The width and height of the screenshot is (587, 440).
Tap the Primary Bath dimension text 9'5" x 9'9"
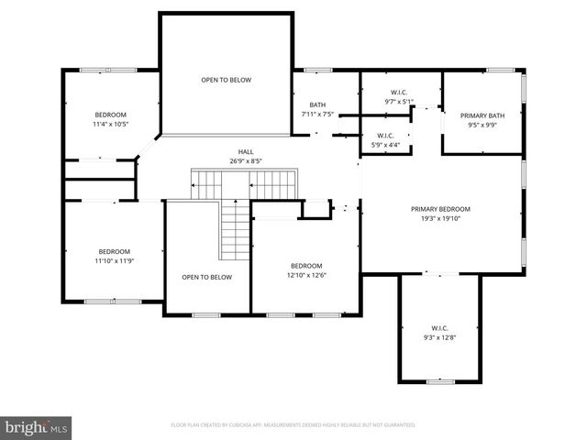click(x=482, y=126)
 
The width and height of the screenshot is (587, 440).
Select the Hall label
click(x=246, y=152)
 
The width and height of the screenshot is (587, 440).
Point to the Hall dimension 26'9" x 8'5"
click(x=246, y=161)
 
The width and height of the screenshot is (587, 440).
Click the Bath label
click(x=317, y=104)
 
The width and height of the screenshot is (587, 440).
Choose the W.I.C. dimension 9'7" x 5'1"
click(x=399, y=102)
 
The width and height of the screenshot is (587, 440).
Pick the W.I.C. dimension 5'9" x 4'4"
click(x=385, y=145)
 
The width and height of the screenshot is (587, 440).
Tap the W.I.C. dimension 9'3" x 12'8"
click(x=439, y=337)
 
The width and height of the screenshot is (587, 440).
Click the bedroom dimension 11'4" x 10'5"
click(x=110, y=124)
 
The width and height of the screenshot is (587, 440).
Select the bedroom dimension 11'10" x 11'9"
click(x=115, y=261)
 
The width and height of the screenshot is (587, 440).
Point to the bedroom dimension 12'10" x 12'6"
click(x=306, y=275)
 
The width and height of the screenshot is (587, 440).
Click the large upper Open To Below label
click(x=226, y=80)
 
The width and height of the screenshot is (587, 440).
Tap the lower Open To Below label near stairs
click(x=206, y=277)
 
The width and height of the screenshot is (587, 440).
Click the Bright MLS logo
click(x=37, y=426)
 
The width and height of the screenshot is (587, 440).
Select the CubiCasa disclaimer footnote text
click(x=293, y=425)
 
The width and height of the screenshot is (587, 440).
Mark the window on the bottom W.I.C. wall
click(x=440, y=381)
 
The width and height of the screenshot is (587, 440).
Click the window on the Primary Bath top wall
click(x=500, y=70)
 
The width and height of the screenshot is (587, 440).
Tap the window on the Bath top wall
click(x=317, y=70)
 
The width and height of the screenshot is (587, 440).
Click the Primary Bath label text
click(x=482, y=115)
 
